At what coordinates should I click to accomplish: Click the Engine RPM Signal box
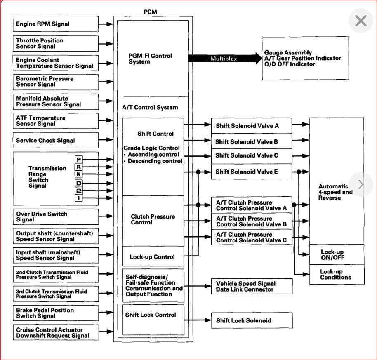click(56, 24)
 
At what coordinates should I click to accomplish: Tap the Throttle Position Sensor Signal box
click(56, 44)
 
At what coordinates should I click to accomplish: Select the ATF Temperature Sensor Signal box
click(56, 121)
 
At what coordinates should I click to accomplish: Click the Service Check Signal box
click(56, 140)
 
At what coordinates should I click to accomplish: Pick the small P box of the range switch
click(78, 159)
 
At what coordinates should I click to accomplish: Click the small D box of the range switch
click(78, 183)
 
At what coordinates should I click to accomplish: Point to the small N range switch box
click(78, 174)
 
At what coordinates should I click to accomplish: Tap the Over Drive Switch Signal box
click(56, 216)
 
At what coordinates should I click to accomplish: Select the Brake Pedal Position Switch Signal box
click(56, 313)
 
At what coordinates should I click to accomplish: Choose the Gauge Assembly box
click(305, 59)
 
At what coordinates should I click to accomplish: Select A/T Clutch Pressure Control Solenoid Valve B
click(252, 221)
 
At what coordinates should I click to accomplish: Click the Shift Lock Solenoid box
click(252, 320)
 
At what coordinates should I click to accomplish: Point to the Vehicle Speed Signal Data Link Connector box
click(252, 286)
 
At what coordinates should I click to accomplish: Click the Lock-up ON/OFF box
click(337, 254)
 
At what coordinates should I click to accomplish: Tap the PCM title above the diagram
click(150, 12)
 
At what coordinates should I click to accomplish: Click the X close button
click(361, 21)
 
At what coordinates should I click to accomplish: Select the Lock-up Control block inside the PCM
click(153, 257)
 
